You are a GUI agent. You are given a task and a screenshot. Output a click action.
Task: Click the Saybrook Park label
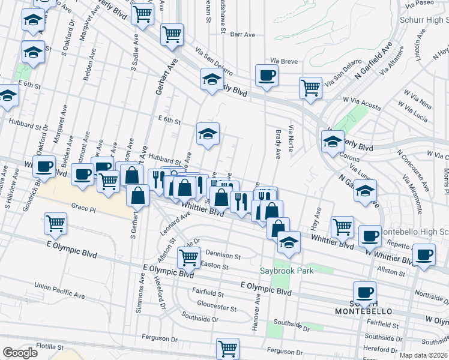point(287,271)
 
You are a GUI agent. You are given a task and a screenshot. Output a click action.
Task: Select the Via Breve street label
point(284,61)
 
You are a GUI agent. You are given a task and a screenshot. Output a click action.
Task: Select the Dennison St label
point(223,256)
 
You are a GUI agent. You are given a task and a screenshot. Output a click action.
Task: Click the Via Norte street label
point(292,138)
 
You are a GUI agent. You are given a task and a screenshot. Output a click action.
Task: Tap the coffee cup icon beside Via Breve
point(266,76)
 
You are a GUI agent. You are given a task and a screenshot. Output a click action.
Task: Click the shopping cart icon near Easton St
point(189,259)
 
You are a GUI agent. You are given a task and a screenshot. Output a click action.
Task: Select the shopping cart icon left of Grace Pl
point(56,224)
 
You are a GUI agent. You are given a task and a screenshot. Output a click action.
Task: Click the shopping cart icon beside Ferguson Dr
point(228,348)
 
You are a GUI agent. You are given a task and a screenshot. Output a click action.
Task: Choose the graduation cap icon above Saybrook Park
point(289,242)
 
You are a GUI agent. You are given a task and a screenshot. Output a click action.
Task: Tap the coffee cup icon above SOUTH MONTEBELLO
point(364,292)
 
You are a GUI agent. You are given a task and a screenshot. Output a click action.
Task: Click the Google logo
point(19,353)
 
